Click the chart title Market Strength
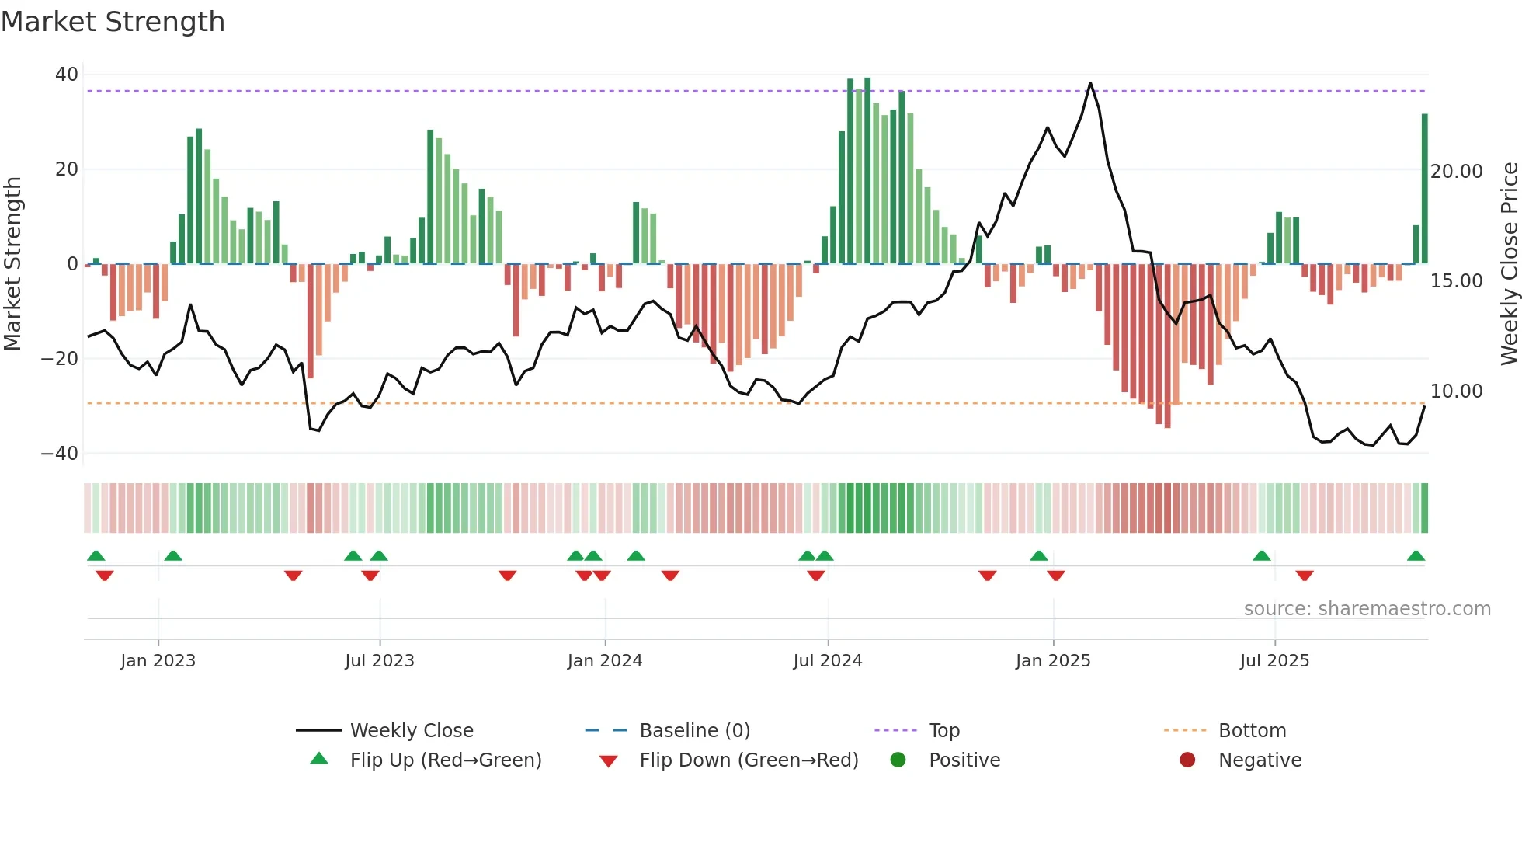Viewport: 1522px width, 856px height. coord(113,22)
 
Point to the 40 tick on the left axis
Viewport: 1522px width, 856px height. coord(67,75)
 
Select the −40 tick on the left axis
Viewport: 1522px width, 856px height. coord(60,453)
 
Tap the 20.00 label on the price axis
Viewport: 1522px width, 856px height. coord(1456,172)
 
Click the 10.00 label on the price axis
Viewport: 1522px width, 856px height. coord(1456,391)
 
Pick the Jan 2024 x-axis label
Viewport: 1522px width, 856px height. coord(605,661)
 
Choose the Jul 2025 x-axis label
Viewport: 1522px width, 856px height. coord(1274,661)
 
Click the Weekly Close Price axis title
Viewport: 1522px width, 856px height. coord(1509,264)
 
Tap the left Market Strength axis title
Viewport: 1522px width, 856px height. coord(13,264)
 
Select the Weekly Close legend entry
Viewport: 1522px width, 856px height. coord(412,731)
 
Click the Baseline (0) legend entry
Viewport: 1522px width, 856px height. coord(694,731)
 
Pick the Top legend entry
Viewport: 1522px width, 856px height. coord(944,731)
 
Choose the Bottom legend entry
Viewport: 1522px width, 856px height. coord(1252,731)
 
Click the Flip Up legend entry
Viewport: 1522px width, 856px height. coord(445,760)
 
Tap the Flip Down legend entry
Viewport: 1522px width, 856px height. coord(749,760)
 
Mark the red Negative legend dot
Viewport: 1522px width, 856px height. coord(1187,760)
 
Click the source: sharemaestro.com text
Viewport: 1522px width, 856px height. coord(1367,609)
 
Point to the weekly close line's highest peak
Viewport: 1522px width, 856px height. coord(1090,83)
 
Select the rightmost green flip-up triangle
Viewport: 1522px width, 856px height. coord(1416,556)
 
